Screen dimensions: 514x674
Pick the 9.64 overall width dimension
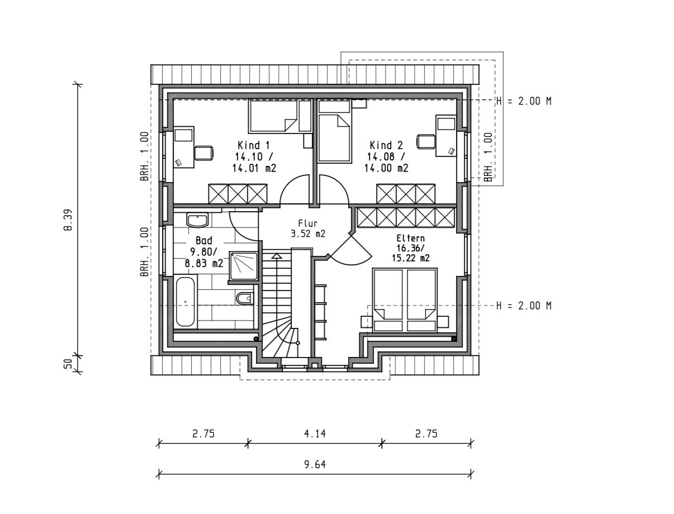315,464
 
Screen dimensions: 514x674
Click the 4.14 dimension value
315,433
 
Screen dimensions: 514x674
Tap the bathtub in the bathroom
185,302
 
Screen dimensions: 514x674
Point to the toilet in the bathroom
244,299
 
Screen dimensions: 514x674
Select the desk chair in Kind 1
203,153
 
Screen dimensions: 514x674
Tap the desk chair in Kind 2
426,141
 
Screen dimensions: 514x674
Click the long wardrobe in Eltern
405,217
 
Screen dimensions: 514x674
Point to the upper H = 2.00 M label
524,101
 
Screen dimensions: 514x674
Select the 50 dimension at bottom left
68,364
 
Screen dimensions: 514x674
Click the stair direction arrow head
276,256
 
